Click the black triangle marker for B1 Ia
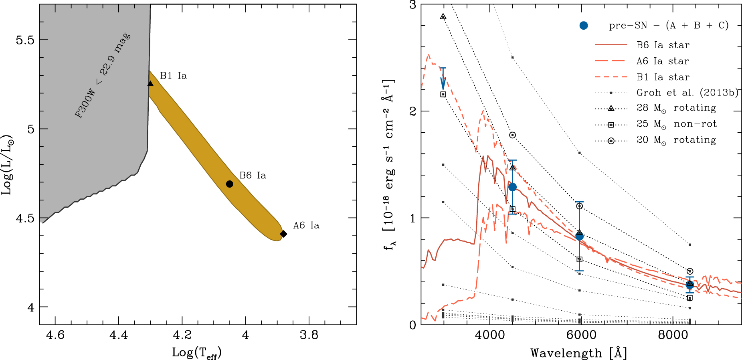(150, 83)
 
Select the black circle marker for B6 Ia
(230, 184)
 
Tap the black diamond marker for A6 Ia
(283, 234)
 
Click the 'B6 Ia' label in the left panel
(253, 176)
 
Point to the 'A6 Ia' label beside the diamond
(306, 225)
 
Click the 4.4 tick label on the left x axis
(119, 335)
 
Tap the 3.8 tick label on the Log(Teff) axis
(309, 335)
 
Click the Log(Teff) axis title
(197, 353)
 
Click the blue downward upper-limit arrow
(443, 79)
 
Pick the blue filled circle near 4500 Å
(512, 187)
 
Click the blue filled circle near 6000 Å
(579, 237)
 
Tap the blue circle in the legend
(584, 26)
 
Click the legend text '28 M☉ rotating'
(676, 108)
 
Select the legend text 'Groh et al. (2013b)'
(687, 93)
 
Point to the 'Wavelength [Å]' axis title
(578, 353)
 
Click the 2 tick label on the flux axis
(412, 111)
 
